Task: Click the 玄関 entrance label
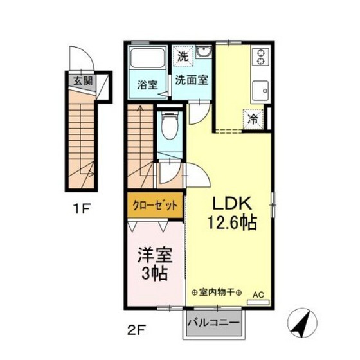click(83, 81)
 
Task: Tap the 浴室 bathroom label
click(147, 85)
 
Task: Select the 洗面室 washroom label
click(192, 80)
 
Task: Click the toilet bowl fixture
click(170, 126)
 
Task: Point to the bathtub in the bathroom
click(148, 58)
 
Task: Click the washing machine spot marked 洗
click(183, 57)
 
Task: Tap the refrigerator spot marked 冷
click(253, 119)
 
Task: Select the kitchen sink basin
click(260, 91)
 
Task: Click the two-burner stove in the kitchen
click(261, 57)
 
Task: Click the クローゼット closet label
click(155, 205)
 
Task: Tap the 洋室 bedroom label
click(155, 255)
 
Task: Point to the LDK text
click(231, 203)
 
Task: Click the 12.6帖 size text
click(232, 222)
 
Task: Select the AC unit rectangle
click(258, 302)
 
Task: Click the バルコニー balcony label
click(213, 323)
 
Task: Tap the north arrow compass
click(302, 323)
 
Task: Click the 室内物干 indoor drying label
click(217, 292)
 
